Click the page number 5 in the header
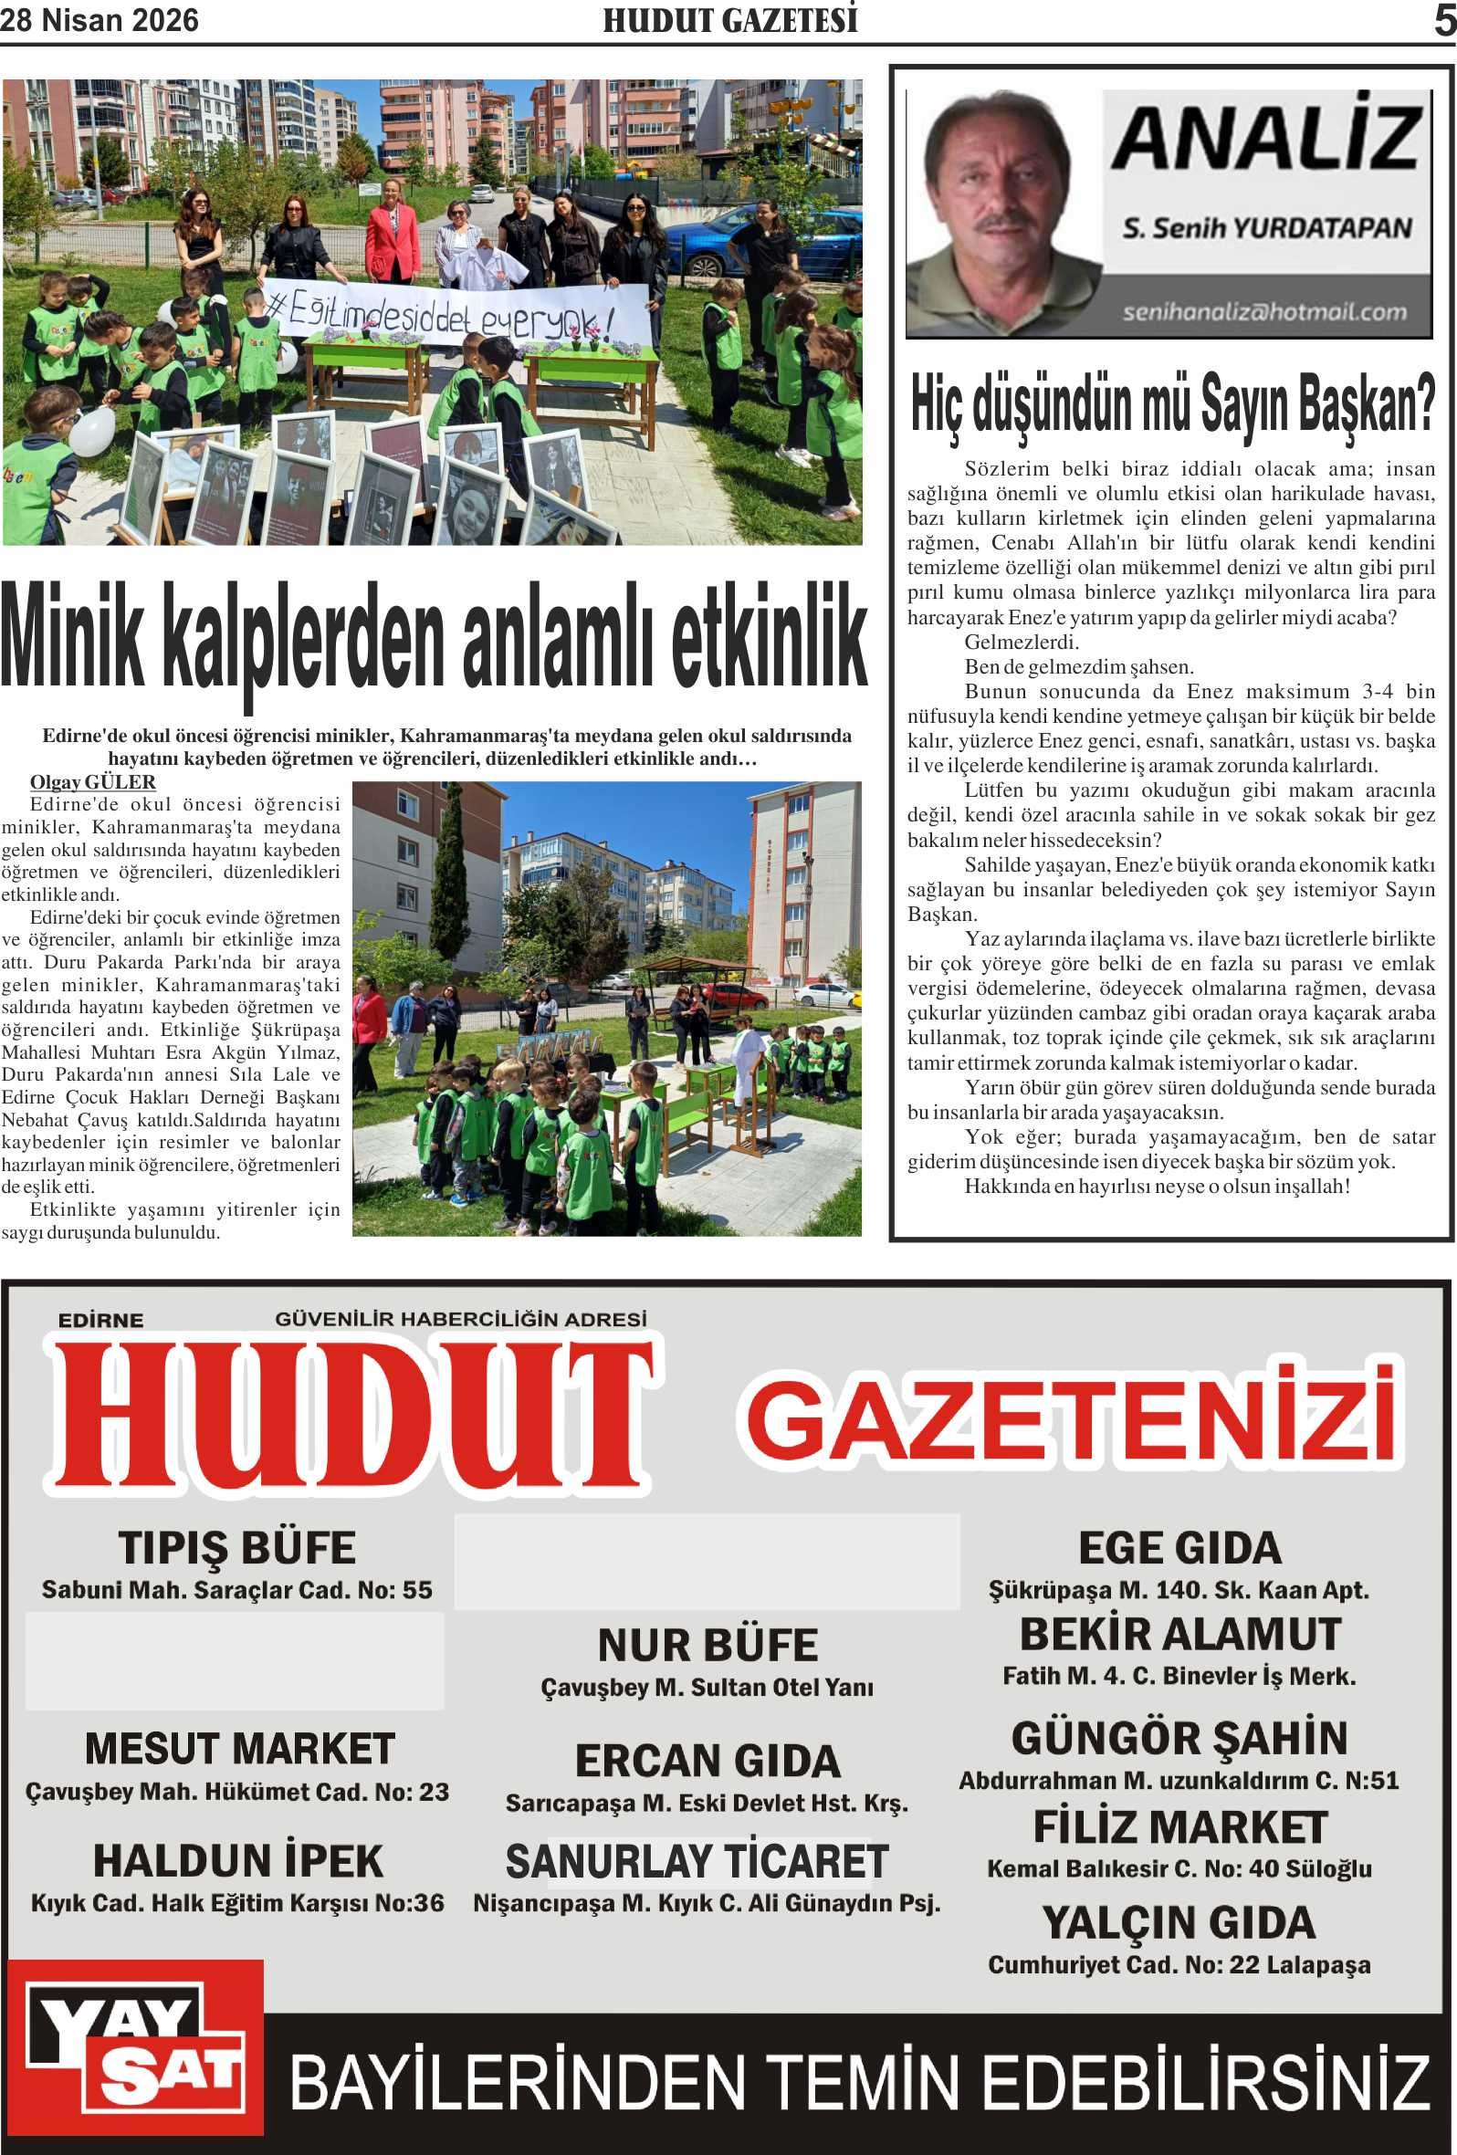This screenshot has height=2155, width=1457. (x=1444, y=20)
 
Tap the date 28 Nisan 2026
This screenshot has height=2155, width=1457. (x=100, y=20)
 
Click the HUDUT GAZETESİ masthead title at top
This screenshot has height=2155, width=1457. (x=730, y=20)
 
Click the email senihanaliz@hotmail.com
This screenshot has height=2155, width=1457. (x=1264, y=311)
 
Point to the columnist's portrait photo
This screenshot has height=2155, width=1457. (x=1001, y=214)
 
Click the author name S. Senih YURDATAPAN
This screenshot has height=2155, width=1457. (x=1267, y=227)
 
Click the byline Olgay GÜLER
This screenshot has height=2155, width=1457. (x=93, y=781)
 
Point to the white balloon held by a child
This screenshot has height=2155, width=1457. (x=94, y=431)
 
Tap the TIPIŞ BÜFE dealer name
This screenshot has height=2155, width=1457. (x=236, y=1548)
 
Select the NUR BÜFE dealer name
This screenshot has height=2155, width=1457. (x=708, y=1645)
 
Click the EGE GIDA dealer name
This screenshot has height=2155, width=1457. (x=1179, y=1548)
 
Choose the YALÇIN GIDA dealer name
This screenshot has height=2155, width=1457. (x=1179, y=1922)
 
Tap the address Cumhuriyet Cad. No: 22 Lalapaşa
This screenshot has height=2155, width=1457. (x=1179, y=1964)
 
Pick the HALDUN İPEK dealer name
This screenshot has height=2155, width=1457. (x=237, y=1861)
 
